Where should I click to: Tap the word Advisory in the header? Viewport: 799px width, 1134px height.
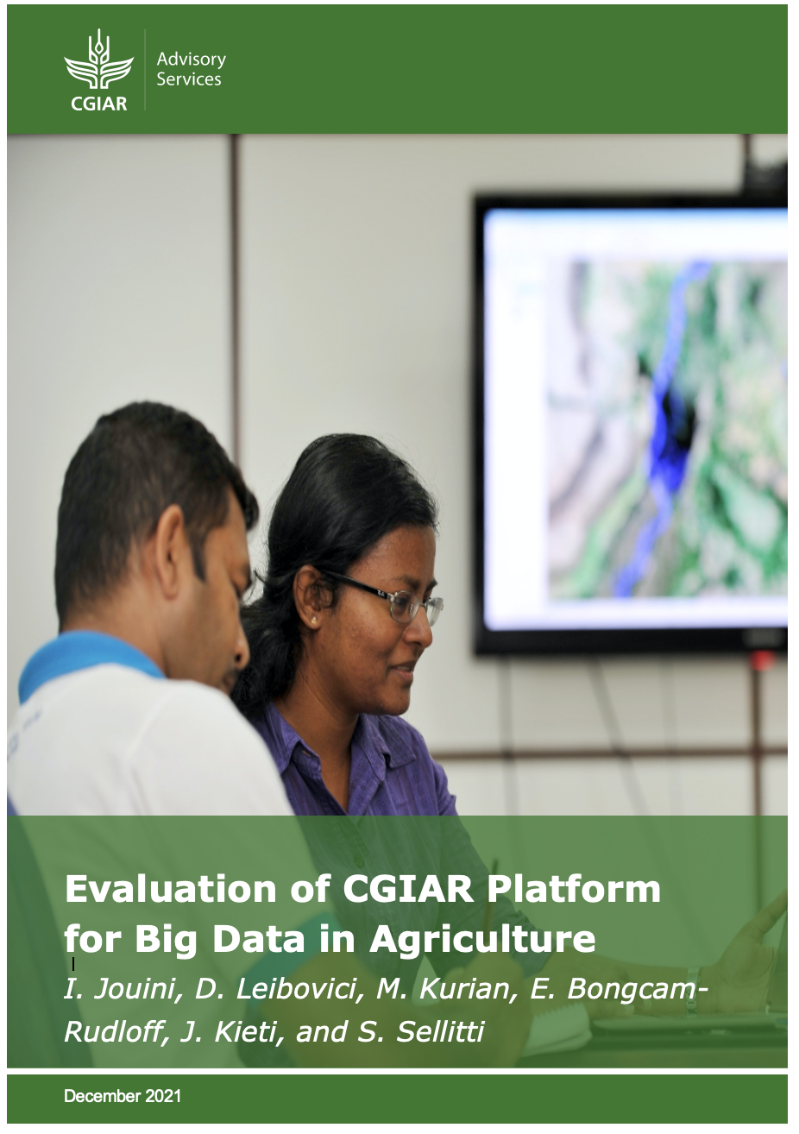191,60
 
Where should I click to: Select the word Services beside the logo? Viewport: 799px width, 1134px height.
188,79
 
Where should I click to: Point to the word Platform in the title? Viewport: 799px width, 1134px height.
573,889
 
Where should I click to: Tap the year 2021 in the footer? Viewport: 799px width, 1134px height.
163,1096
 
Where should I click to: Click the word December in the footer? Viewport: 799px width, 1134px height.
102,1096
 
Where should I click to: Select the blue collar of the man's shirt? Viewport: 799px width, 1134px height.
86,655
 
